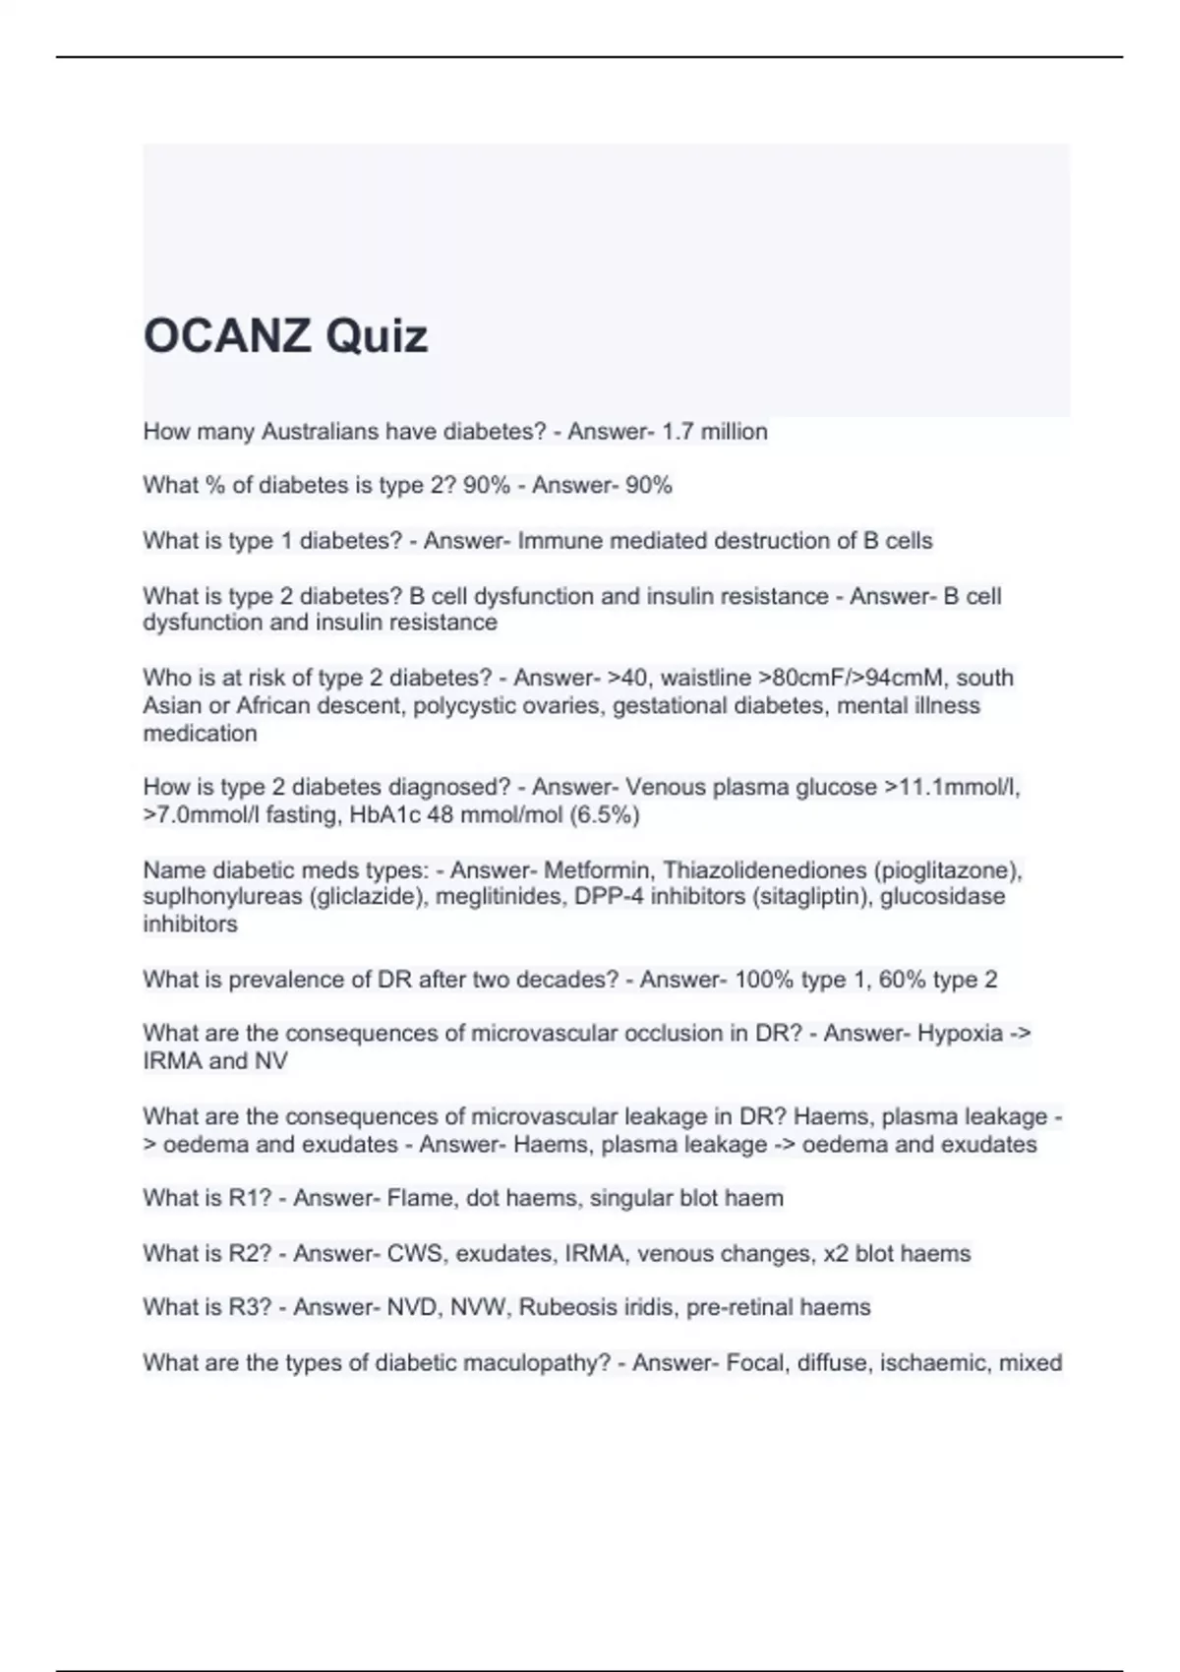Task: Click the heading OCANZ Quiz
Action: click(285, 336)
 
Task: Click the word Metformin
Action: click(597, 870)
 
